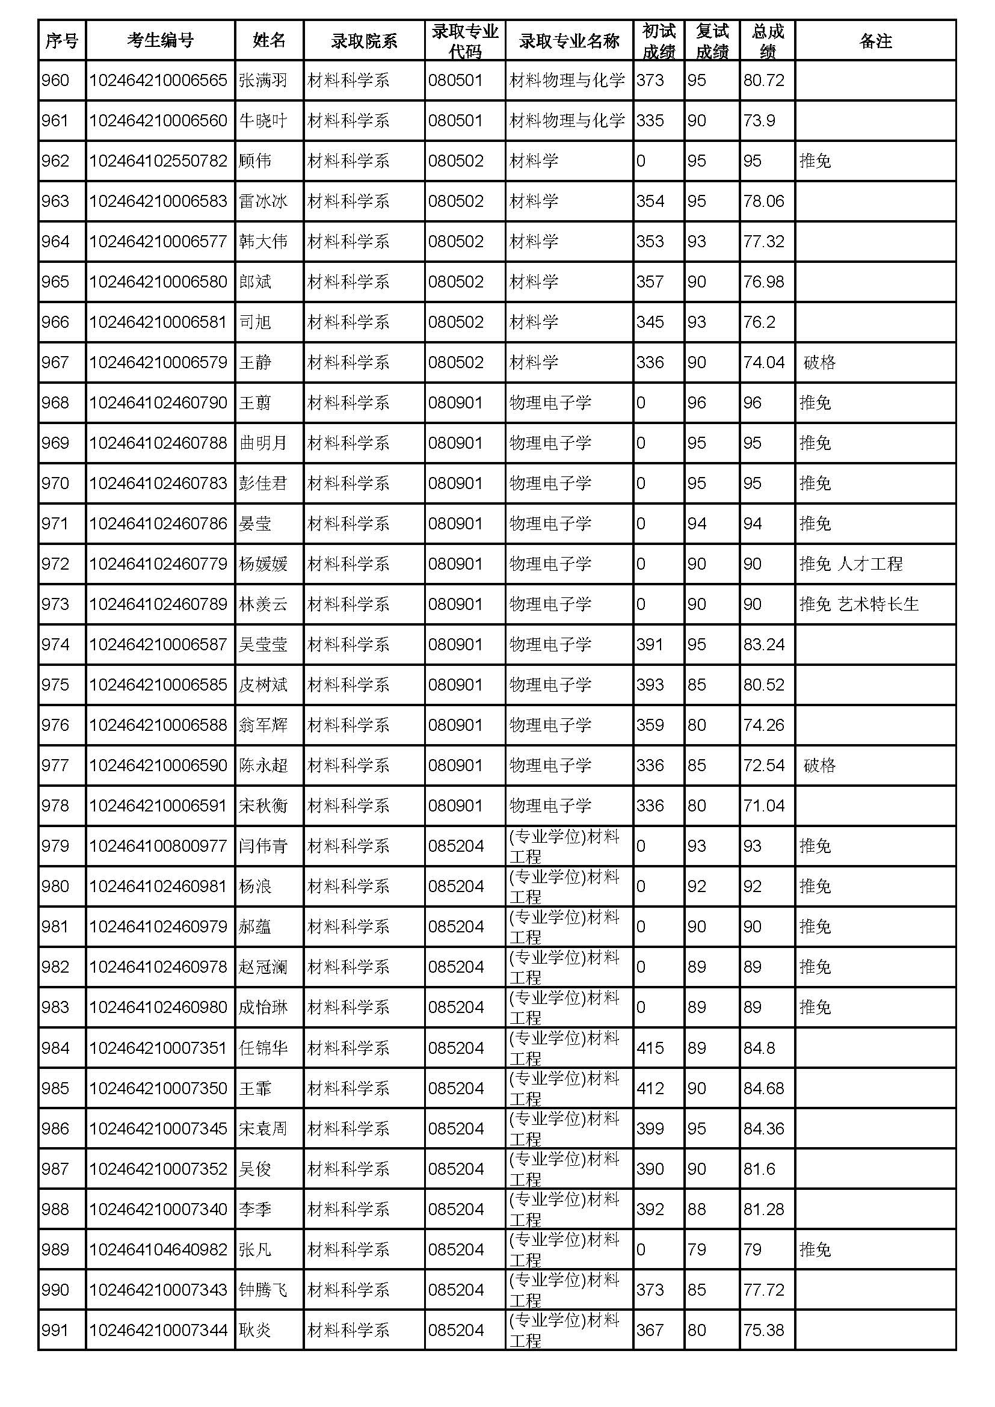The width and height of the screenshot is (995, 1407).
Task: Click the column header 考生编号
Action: point(160,40)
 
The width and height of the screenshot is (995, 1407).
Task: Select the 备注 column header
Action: point(875,40)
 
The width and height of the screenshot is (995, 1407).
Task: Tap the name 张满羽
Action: point(263,80)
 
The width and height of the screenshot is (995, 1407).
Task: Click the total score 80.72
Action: point(763,80)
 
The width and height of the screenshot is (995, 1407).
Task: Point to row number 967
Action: point(55,362)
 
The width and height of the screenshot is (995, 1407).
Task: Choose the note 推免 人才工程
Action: point(851,564)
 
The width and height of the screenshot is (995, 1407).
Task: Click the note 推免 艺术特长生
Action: point(858,604)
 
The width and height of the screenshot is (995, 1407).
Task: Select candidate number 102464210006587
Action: point(158,645)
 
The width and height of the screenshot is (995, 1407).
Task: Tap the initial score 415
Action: point(650,1048)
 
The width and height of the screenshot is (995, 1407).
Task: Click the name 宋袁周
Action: point(263,1128)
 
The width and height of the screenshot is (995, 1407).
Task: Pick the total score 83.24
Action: point(763,645)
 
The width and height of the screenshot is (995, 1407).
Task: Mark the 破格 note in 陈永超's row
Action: point(819,765)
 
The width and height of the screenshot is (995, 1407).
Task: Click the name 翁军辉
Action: point(263,725)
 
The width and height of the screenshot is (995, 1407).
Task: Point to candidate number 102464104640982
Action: point(158,1249)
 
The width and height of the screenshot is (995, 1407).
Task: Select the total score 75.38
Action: point(763,1331)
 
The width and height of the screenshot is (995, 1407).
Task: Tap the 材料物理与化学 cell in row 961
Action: point(567,121)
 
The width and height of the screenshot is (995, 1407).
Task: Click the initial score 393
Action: point(650,685)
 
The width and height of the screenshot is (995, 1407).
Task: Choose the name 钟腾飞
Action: point(263,1290)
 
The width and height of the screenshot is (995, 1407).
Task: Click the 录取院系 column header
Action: point(364,40)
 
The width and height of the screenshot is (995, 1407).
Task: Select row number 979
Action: point(55,846)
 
